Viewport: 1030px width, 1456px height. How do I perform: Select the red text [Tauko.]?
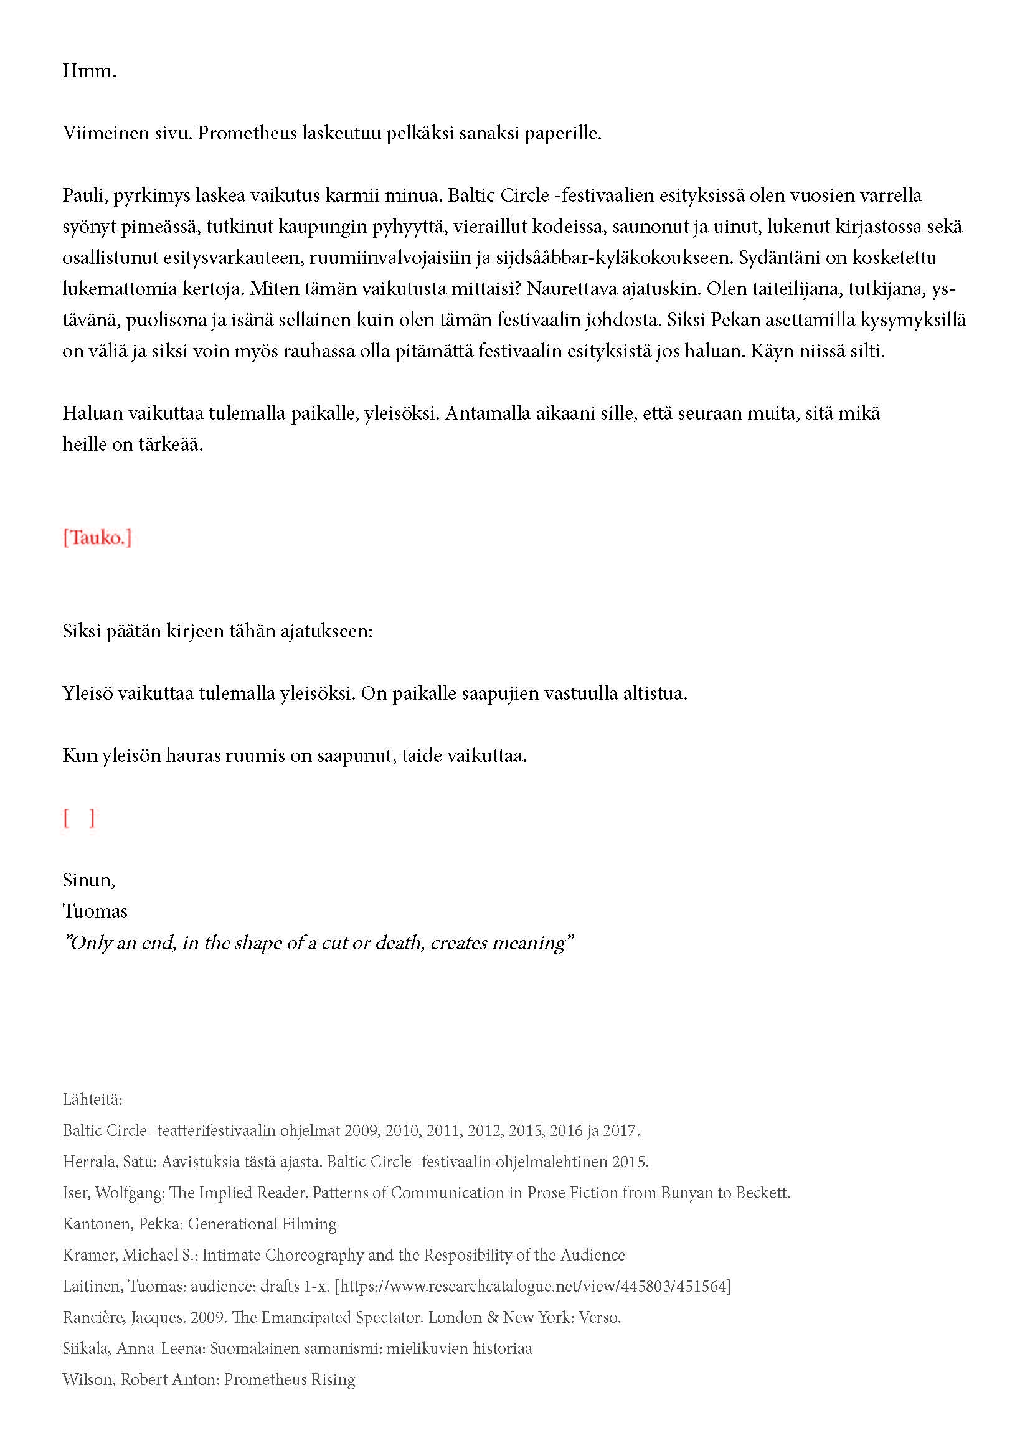(x=97, y=538)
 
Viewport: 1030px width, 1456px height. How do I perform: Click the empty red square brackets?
(x=78, y=818)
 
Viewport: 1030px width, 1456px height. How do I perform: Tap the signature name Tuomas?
(x=95, y=911)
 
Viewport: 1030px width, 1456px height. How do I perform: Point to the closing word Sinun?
(x=88, y=880)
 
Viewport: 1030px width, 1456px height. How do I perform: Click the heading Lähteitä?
(x=92, y=1099)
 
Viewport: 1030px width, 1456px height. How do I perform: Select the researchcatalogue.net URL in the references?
(x=533, y=1286)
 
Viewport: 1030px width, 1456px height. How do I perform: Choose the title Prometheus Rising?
(x=289, y=1379)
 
